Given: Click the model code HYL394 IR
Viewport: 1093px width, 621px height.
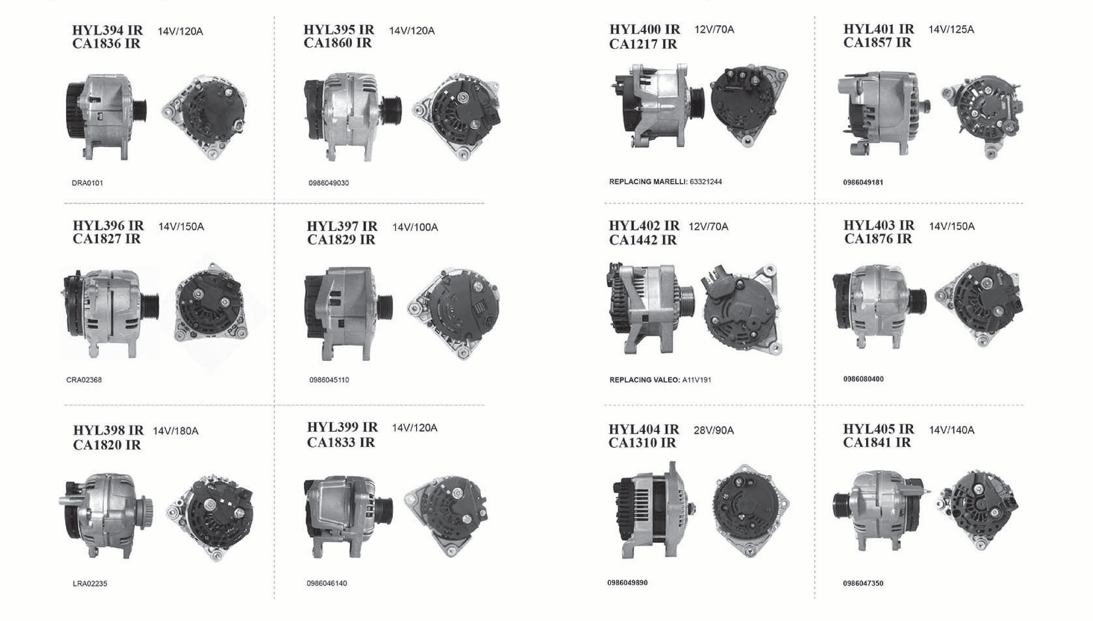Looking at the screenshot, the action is point(107,30).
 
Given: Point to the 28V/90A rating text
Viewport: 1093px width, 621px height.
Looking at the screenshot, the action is point(714,430).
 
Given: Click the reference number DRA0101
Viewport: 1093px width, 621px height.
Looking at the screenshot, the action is point(88,183).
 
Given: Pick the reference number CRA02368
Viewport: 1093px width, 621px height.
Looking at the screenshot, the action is point(84,380).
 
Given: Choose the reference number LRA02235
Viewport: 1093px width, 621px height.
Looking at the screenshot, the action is point(90,583).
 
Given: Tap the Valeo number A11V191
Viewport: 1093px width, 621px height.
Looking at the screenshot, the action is point(697,380).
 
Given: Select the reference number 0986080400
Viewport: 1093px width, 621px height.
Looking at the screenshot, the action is point(864,379).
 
